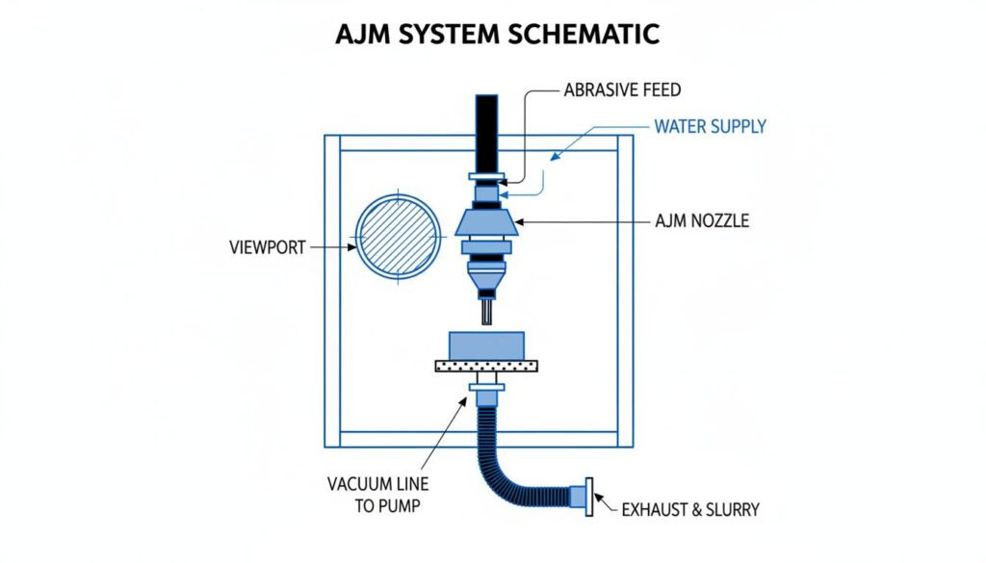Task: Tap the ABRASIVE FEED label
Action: click(x=621, y=90)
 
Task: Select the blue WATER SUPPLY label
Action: click(x=710, y=127)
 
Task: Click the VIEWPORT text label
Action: click(x=267, y=246)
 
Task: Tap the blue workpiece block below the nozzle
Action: click(x=487, y=345)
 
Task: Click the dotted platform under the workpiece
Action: click(x=486, y=366)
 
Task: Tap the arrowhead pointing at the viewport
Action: click(x=350, y=247)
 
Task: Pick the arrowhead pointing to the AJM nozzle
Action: click(x=521, y=222)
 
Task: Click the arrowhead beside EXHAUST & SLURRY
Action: click(x=597, y=499)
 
